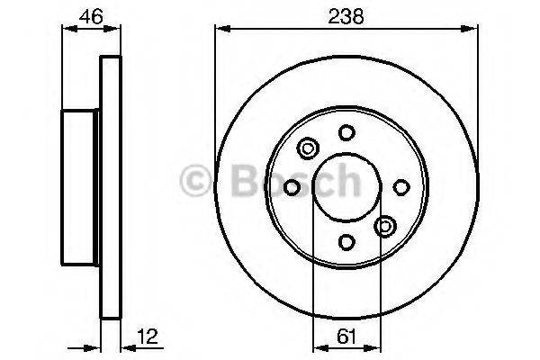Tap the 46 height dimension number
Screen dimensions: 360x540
(89, 16)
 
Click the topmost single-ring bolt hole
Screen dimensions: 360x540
(346, 132)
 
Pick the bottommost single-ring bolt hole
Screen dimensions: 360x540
(346, 241)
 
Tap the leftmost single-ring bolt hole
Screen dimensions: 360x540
(292, 186)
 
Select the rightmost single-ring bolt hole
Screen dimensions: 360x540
(401, 186)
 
